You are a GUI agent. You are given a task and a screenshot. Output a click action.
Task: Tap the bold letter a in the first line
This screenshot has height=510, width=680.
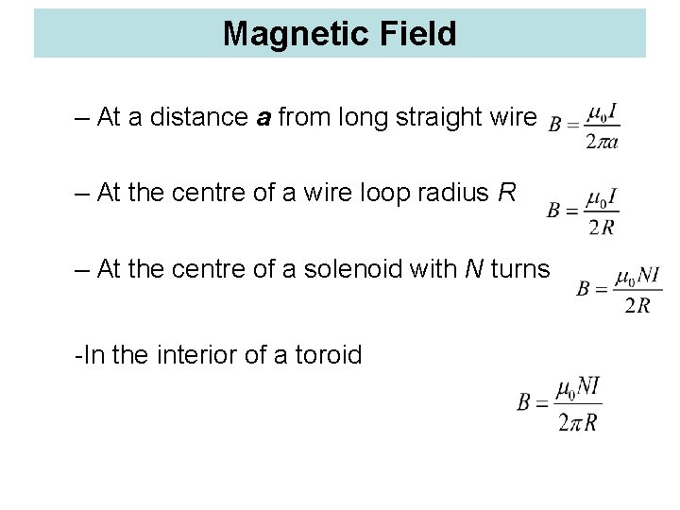pyautogui.click(x=265, y=118)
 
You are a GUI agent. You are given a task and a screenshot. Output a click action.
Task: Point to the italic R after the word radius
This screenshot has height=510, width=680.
pyautogui.click(x=506, y=194)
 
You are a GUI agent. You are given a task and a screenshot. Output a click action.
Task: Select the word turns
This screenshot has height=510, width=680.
pyautogui.click(x=520, y=269)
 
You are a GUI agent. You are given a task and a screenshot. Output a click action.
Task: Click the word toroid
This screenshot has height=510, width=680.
pyautogui.click(x=329, y=355)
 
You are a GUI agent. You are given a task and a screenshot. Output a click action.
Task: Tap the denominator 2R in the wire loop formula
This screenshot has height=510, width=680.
pyautogui.click(x=603, y=228)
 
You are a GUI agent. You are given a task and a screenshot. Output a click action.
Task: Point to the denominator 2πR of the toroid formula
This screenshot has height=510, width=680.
pyautogui.click(x=577, y=422)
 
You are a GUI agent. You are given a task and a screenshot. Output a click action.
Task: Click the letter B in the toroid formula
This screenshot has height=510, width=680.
pyautogui.click(x=525, y=402)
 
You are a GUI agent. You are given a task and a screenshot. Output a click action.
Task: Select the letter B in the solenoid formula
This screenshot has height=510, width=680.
pyautogui.click(x=585, y=289)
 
